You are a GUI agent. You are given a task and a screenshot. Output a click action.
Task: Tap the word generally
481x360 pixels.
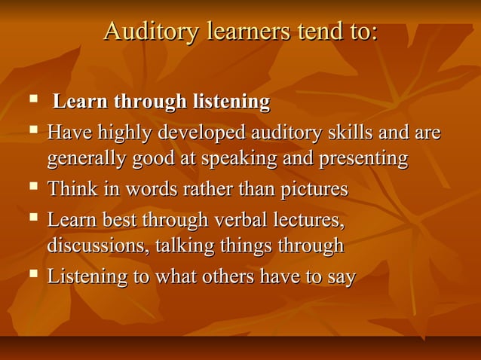coord(85,160)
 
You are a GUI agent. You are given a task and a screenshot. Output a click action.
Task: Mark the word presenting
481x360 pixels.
coord(357,160)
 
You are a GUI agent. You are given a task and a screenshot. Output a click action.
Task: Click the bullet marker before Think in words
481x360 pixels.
coord(32,186)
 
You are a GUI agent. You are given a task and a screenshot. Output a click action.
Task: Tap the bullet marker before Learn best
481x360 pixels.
coord(32,218)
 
